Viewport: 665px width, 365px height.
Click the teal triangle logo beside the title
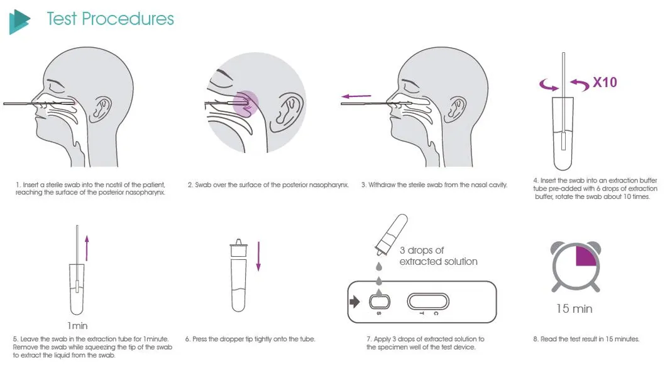(19, 21)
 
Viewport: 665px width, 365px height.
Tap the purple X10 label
(605, 82)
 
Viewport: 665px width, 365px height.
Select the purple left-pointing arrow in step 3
(356, 96)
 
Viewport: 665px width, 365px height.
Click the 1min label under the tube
(78, 326)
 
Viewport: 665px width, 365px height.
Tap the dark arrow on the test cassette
(354, 301)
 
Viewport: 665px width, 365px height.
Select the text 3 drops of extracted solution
(438, 255)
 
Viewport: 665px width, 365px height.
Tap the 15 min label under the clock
(574, 309)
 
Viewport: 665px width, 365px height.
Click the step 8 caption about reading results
(586, 339)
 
